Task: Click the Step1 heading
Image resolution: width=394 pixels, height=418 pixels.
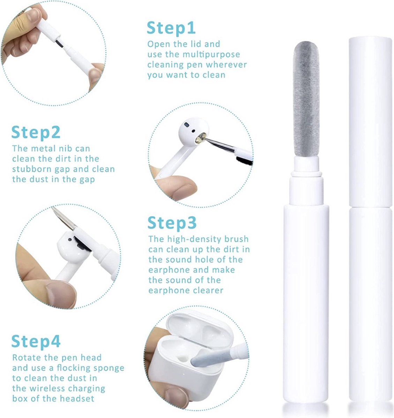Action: click(x=171, y=28)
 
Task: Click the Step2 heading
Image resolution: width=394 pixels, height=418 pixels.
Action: click(x=36, y=132)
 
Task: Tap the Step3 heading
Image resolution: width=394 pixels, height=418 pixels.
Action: click(x=172, y=223)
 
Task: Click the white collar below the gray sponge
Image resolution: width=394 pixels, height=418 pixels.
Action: click(x=306, y=165)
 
